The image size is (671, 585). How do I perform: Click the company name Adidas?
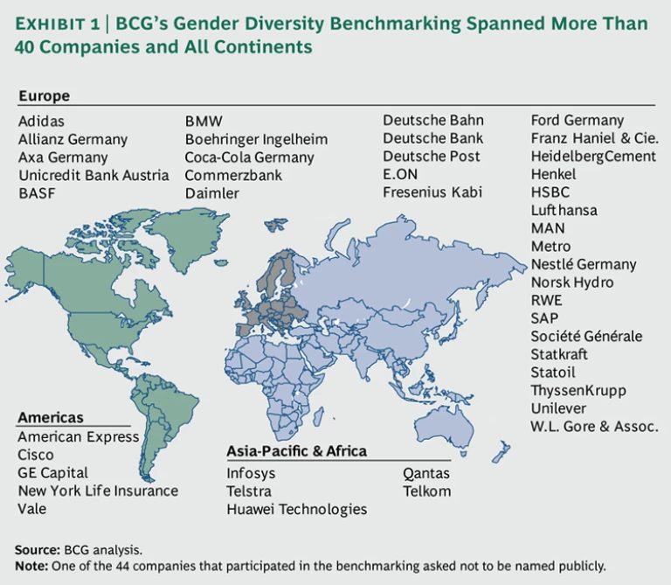[x=41, y=121]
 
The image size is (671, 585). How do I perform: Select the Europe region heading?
[x=44, y=95]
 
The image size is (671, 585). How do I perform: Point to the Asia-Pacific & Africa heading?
[x=296, y=451]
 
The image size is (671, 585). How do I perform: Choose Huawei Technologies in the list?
[x=297, y=509]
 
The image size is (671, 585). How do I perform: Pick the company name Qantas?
[x=426, y=473]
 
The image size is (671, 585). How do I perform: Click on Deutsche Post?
[x=432, y=157]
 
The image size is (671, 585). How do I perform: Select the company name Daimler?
[x=211, y=193]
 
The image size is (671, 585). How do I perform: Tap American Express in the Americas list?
[x=79, y=436]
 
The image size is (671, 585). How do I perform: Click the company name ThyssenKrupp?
[x=578, y=391]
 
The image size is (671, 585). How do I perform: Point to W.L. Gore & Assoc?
[x=593, y=427]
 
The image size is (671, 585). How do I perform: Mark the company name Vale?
[x=32, y=509]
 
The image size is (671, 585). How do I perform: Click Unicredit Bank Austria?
[x=93, y=175]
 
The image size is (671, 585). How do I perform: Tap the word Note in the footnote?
[x=31, y=566]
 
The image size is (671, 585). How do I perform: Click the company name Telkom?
[x=427, y=491]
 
